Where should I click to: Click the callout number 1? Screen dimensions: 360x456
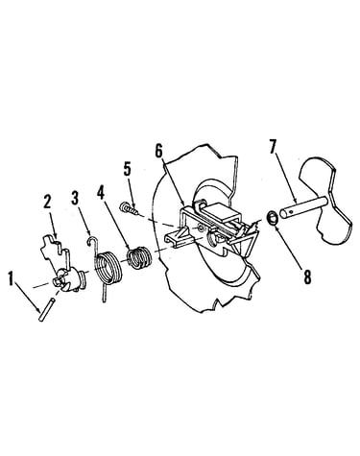(12, 278)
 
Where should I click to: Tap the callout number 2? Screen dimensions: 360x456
(47, 203)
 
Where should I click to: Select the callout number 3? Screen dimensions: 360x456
(75, 199)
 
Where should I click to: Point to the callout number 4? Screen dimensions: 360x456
(101, 192)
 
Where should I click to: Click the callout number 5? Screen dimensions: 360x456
(128, 169)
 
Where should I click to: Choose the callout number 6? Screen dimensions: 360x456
(159, 151)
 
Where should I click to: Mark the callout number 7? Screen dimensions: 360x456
(272, 147)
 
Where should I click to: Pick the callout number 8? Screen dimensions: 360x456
(307, 277)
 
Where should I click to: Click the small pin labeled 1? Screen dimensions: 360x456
(45, 310)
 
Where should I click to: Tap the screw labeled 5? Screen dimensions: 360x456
(129, 208)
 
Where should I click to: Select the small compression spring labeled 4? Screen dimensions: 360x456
(140, 257)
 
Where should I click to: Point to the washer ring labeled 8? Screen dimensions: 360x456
(273, 219)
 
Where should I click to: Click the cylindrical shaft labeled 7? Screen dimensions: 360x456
(303, 207)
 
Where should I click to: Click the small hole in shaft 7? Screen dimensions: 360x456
(290, 211)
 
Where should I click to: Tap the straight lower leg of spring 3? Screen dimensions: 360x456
(104, 293)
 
